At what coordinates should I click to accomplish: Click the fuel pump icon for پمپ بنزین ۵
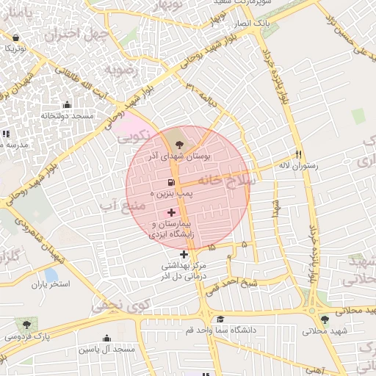tap(171, 182)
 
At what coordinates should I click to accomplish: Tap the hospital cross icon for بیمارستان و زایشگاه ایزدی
tap(171, 212)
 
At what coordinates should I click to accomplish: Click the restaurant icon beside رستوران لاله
tap(298, 154)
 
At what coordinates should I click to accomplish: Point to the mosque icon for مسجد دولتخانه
tap(68, 105)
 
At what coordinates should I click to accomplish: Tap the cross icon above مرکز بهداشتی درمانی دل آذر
tap(184, 254)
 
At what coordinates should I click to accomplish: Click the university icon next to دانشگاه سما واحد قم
tap(220, 319)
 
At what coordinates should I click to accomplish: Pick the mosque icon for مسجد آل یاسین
tap(107, 339)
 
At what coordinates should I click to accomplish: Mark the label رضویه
tap(120, 70)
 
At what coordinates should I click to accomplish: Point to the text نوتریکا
tap(15, 47)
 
